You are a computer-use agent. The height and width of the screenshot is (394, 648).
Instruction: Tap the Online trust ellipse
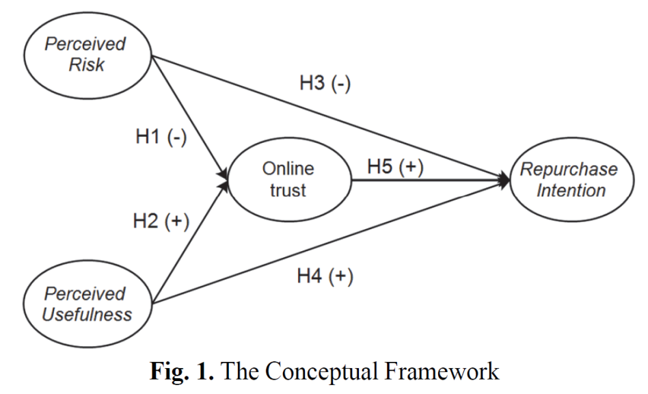click(x=288, y=180)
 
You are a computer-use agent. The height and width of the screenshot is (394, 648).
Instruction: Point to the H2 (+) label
click(x=161, y=221)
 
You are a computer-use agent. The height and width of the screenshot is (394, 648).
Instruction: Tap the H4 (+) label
click(x=325, y=277)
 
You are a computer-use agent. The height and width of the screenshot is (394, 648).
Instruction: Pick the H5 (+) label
click(x=396, y=166)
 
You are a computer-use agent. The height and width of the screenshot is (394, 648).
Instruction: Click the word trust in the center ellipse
click(x=288, y=191)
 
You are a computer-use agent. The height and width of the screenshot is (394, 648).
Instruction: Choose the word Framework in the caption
click(x=442, y=372)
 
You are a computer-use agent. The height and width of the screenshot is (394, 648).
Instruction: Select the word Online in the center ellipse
click(x=288, y=169)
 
